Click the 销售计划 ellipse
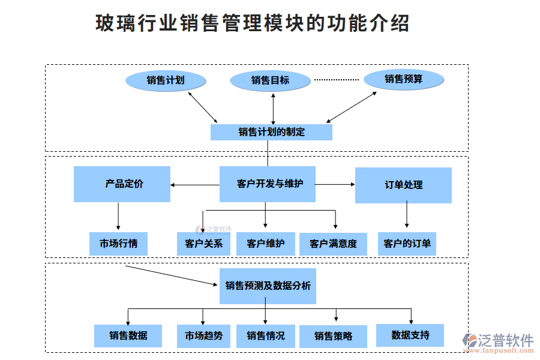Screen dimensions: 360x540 tap(166, 80)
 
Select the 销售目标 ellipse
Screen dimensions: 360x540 tap(270, 80)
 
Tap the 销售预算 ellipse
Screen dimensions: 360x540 tap(404, 79)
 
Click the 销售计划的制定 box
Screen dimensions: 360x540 tap(271, 132)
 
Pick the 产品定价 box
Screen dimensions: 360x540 tap(122, 184)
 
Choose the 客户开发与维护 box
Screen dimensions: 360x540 tap(267, 184)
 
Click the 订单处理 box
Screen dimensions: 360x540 tap(403, 185)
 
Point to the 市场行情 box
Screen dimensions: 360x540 tap(118, 244)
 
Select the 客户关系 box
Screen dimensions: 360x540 tap(203, 244)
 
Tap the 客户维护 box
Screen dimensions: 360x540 tap(265, 244)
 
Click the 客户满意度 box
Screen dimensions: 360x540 tap(333, 244)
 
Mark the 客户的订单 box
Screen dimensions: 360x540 tap(407, 244)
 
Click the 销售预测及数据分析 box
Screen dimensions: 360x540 tap(268, 286)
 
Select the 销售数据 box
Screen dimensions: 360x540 tap(128, 335)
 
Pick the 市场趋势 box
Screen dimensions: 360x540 tap(203, 335)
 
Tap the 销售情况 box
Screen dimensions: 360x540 tap(265, 335)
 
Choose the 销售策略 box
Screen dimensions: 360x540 tap(333, 336)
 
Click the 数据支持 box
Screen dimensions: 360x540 tap(410, 335)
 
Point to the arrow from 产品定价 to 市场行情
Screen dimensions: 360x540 tap(118, 217)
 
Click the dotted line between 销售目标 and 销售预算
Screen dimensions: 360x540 tap(336, 80)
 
